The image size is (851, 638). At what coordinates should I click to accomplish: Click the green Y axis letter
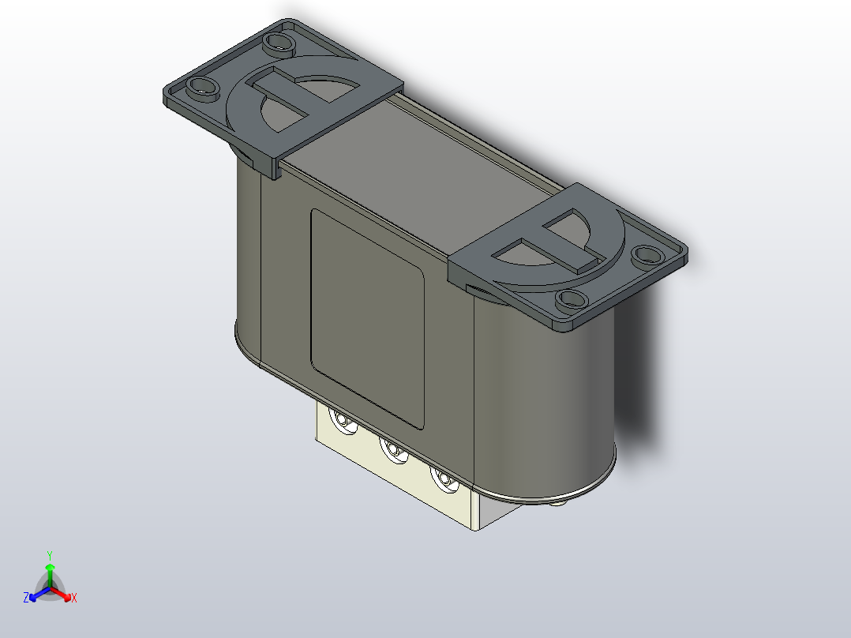[49, 555]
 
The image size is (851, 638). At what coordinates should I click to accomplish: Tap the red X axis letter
[73, 599]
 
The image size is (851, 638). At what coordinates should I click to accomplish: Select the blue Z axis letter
[26, 598]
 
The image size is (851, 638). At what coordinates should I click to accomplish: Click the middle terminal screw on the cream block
[392, 451]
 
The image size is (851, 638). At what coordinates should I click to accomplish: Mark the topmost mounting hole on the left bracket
[278, 40]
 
